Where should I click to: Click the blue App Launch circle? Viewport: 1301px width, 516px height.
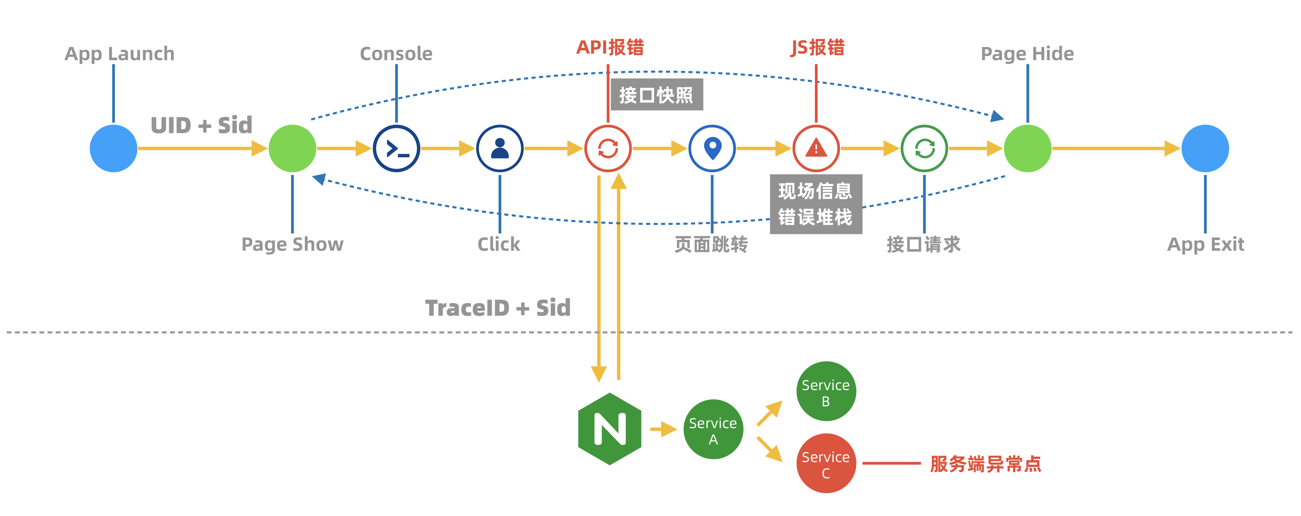pos(113,148)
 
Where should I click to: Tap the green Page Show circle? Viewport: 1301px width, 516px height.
pos(292,148)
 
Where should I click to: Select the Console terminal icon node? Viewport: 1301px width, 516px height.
pos(397,148)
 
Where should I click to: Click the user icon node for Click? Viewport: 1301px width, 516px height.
pos(500,148)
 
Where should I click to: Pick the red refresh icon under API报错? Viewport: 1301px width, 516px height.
pos(608,148)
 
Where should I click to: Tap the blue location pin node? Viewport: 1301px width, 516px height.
pos(712,148)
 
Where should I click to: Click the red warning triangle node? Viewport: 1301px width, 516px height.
pos(816,148)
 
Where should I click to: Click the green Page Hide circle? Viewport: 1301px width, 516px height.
pos(1028,148)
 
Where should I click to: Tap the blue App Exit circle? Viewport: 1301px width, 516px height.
pos(1206,148)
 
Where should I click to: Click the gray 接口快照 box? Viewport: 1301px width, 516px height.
pos(657,95)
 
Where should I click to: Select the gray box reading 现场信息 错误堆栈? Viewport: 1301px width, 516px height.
pos(816,204)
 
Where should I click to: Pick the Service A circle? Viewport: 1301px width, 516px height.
pos(713,430)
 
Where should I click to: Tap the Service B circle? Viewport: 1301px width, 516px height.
pos(826,391)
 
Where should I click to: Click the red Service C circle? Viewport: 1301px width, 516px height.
pos(826,463)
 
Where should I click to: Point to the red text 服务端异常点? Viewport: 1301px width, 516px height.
pos(985,463)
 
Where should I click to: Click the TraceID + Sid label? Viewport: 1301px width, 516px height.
pos(498,308)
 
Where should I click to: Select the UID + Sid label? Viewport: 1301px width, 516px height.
pos(201,125)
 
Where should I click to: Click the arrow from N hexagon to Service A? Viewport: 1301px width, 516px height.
pos(663,429)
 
